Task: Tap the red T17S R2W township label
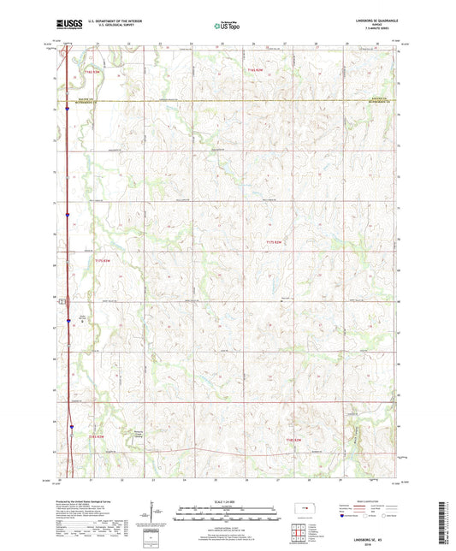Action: pyautogui.click(x=275, y=244)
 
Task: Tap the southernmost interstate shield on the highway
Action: pyautogui.click(x=73, y=423)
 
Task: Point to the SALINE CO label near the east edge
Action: pyautogui.click(x=380, y=98)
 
